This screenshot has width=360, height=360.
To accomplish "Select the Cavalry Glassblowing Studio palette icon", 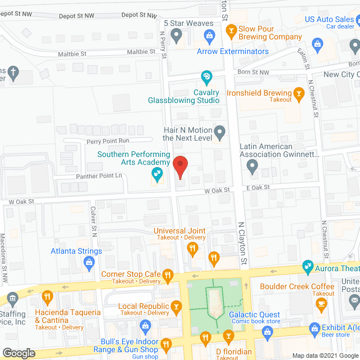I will click(206, 76).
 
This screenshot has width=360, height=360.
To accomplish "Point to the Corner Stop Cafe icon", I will click(167, 275).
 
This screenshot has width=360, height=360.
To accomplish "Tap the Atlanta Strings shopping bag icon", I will click(88, 262).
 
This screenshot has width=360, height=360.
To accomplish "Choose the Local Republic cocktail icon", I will click(177, 307).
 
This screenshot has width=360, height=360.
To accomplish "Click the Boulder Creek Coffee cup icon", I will click(322, 304).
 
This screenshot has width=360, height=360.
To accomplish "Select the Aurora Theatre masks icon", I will click(307, 265).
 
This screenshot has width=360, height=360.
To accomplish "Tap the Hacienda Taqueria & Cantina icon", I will click(48, 296).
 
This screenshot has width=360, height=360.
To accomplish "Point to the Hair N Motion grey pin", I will click(220, 133).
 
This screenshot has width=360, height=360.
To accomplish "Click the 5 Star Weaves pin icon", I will click(177, 36).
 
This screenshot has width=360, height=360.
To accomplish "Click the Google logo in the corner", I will click(19, 353).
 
